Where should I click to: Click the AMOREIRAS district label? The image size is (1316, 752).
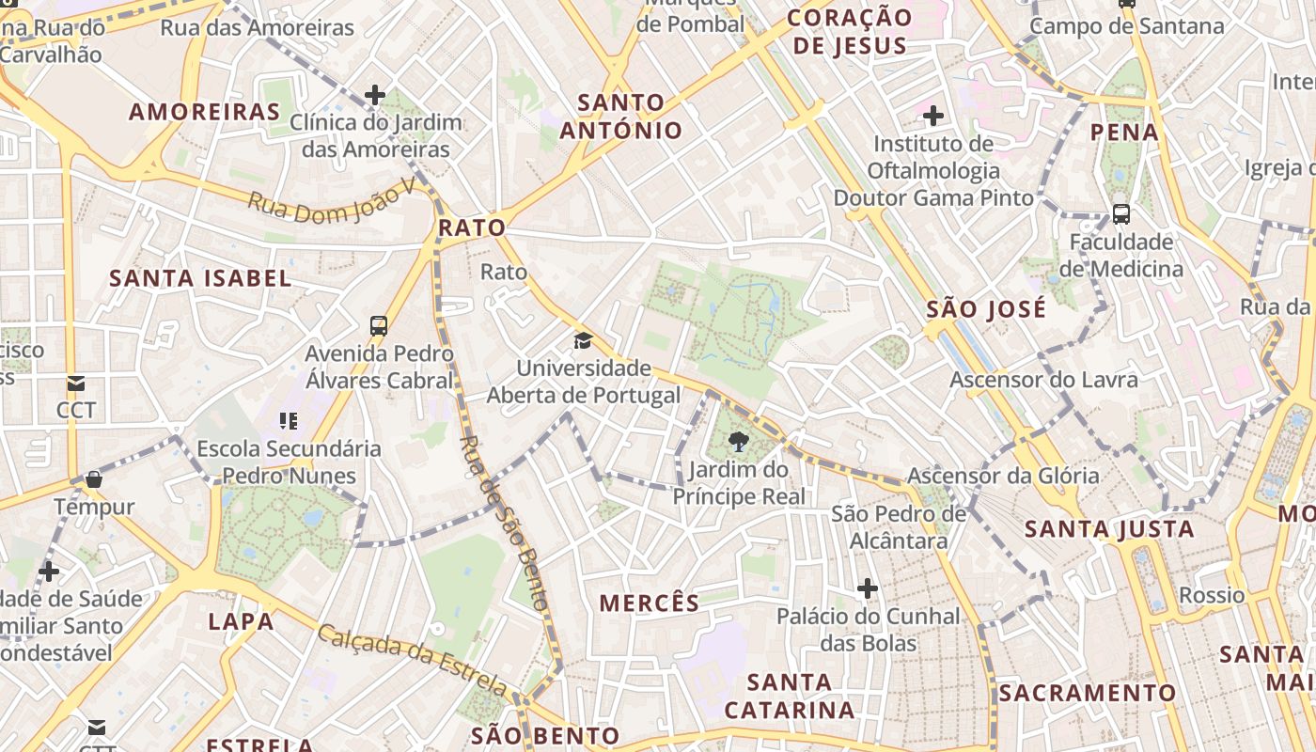pyautogui.click(x=204, y=112)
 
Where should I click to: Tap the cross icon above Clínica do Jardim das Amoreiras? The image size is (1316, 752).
pyautogui.click(x=375, y=95)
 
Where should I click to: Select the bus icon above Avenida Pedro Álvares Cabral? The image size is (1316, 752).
pyautogui.click(x=379, y=326)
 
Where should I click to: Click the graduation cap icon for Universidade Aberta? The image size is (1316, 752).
pyautogui.click(x=584, y=340)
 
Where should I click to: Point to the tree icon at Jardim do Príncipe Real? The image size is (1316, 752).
pyautogui.click(x=739, y=441)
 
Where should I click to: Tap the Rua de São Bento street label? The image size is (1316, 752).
pyautogui.click(x=505, y=523)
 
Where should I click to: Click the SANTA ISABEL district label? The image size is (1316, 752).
pyautogui.click(x=200, y=278)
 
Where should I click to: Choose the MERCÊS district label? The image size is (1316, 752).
pyautogui.click(x=650, y=603)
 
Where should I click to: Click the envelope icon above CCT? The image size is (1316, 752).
pyautogui.click(x=76, y=384)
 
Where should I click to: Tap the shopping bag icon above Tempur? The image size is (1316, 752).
pyautogui.click(x=94, y=480)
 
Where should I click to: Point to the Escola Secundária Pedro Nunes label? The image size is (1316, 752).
pyautogui.click(x=289, y=462)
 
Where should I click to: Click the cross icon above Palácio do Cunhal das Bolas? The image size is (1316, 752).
pyautogui.click(x=868, y=589)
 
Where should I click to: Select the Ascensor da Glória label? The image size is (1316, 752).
pyautogui.click(x=1003, y=476)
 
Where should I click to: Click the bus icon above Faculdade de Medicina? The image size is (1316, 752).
pyautogui.click(x=1121, y=214)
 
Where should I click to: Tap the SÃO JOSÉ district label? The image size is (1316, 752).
pyautogui.click(x=985, y=309)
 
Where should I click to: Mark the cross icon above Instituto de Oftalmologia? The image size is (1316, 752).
pyautogui.click(x=933, y=117)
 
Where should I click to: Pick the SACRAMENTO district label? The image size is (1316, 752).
pyautogui.click(x=1087, y=694)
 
